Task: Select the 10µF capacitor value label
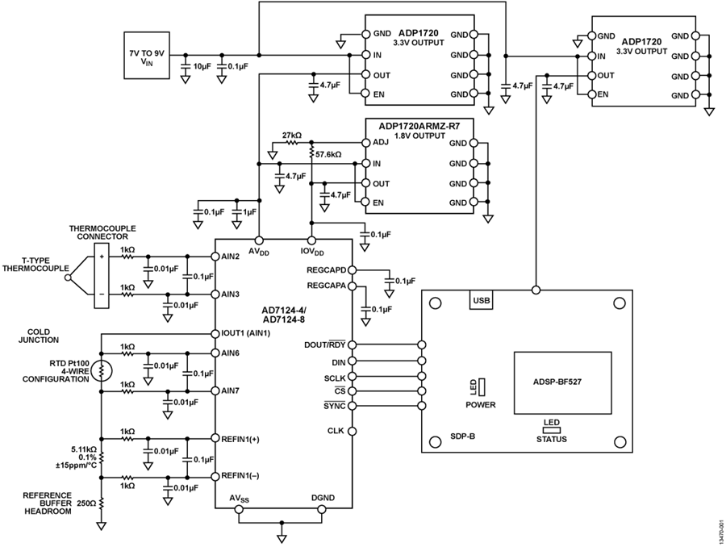tap(202, 66)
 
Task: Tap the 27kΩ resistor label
tap(292, 136)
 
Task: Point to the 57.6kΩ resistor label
tap(329, 154)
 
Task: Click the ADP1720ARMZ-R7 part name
tap(419, 125)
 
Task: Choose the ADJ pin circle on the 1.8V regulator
tap(365, 143)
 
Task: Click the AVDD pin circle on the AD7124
tap(259, 240)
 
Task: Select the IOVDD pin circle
tap(312, 240)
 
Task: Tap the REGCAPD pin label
tap(327, 270)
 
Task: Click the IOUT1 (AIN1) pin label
tap(246, 333)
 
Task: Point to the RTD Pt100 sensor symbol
tap(101, 370)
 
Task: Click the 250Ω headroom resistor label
tap(86, 503)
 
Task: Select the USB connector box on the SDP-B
tap(481, 299)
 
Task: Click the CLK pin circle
tap(352, 431)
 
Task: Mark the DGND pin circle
tap(322, 509)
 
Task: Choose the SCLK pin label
tap(335, 378)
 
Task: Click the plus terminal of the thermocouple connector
tap(102, 256)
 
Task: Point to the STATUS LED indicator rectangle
tap(552, 430)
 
